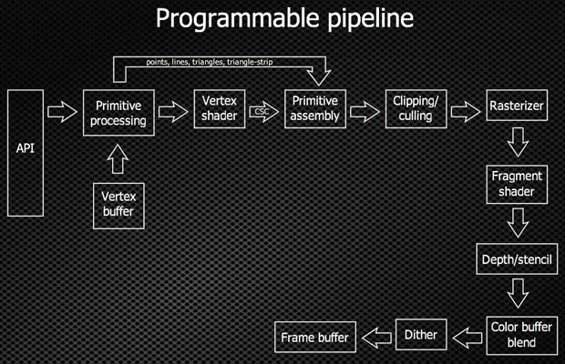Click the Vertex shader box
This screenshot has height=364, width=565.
pyautogui.click(x=220, y=110)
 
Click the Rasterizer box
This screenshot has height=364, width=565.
pyautogui.click(x=515, y=106)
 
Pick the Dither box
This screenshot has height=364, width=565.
pyautogui.click(x=420, y=335)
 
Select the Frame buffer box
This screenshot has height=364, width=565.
pyautogui.click(x=313, y=338)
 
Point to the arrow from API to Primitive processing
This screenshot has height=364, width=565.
pyautogui.click(x=61, y=112)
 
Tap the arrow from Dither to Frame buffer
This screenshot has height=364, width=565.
pyautogui.click(x=375, y=337)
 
